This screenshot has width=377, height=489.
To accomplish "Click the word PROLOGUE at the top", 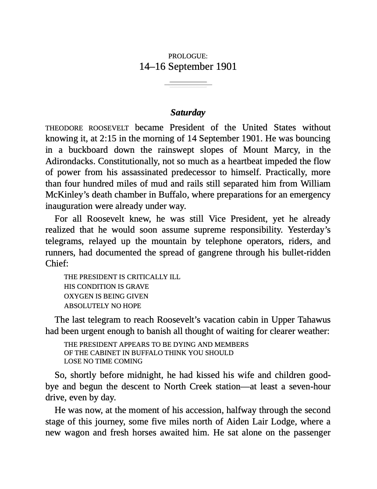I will tap(187, 56).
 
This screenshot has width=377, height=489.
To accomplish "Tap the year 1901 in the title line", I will tap(226, 67).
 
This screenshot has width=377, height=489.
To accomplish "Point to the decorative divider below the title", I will tap(188, 84).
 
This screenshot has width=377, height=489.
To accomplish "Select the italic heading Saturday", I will tap(188, 113).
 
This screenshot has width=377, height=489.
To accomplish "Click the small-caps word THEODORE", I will tap(64, 129).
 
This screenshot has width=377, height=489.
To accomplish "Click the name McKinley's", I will tap(67, 195).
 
